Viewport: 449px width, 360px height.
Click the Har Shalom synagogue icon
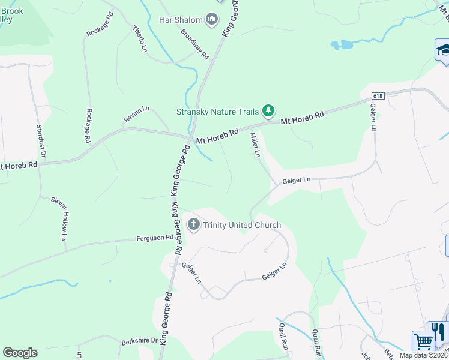coord(211,20)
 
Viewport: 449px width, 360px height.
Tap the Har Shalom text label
coord(181,20)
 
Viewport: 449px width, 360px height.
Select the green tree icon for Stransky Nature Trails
coord(268,110)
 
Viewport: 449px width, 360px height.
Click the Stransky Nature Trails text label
coord(217,112)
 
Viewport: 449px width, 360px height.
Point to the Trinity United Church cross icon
coord(193,225)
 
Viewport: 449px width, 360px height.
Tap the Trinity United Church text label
coord(242,226)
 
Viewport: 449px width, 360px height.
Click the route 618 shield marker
coord(378,96)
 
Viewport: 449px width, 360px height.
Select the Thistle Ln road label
coord(139,38)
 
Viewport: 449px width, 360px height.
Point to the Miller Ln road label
coord(255,145)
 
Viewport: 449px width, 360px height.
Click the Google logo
coord(20,353)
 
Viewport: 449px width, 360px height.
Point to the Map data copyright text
coord(424,355)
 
